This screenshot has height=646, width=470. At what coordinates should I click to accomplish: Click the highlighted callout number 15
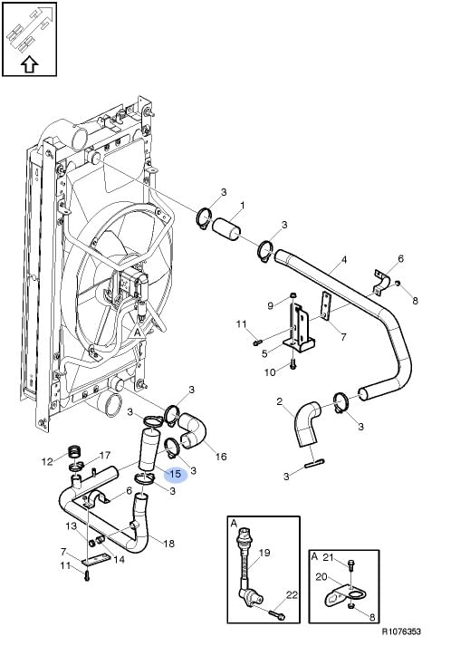[176, 474]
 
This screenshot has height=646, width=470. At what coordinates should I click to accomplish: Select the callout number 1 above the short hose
[243, 205]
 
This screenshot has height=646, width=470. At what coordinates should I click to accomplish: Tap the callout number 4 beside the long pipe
[344, 260]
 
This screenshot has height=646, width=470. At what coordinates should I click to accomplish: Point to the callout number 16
[221, 457]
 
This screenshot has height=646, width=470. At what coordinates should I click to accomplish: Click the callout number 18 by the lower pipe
[169, 544]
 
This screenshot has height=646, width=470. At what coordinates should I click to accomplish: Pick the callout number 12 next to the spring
[47, 461]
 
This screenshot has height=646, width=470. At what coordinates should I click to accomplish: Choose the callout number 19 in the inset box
[264, 553]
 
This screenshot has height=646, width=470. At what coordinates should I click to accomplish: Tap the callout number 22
[292, 595]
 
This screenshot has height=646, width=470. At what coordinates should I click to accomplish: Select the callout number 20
[321, 577]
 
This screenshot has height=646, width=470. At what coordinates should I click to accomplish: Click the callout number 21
[328, 557]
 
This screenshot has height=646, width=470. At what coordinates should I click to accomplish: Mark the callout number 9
[271, 305]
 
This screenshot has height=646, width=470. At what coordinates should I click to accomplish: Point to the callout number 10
[270, 372]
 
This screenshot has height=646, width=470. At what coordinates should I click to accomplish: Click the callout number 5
[264, 353]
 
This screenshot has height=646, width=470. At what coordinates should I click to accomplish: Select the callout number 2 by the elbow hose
[280, 401]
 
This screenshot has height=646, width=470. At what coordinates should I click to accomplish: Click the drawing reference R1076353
[401, 632]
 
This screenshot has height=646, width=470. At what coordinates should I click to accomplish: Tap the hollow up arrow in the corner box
[29, 64]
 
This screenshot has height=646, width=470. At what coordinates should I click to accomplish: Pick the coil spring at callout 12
[73, 451]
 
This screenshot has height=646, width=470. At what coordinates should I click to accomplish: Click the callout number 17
[105, 455]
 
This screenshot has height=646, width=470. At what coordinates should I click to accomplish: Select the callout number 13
[72, 525]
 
